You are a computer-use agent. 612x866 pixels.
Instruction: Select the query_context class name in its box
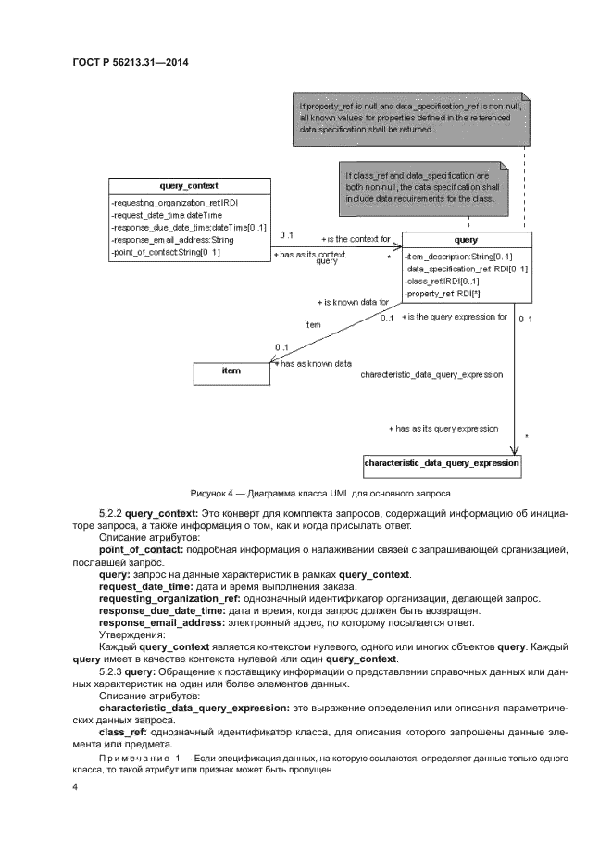[x=189, y=185]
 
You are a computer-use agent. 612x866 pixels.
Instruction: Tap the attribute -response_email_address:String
[x=171, y=239]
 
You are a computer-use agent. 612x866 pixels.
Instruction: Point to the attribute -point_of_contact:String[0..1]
[x=165, y=251]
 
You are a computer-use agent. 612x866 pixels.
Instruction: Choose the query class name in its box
[x=467, y=239]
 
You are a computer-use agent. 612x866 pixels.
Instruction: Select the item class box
[x=231, y=371]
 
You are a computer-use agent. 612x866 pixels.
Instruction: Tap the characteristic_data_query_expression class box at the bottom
[x=442, y=462]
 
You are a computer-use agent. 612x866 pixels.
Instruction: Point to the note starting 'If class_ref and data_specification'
[x=423, y=186]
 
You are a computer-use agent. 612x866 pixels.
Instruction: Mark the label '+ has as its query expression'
[x=443, y=429]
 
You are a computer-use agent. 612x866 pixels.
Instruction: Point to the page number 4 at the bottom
[x=75, y=787]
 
